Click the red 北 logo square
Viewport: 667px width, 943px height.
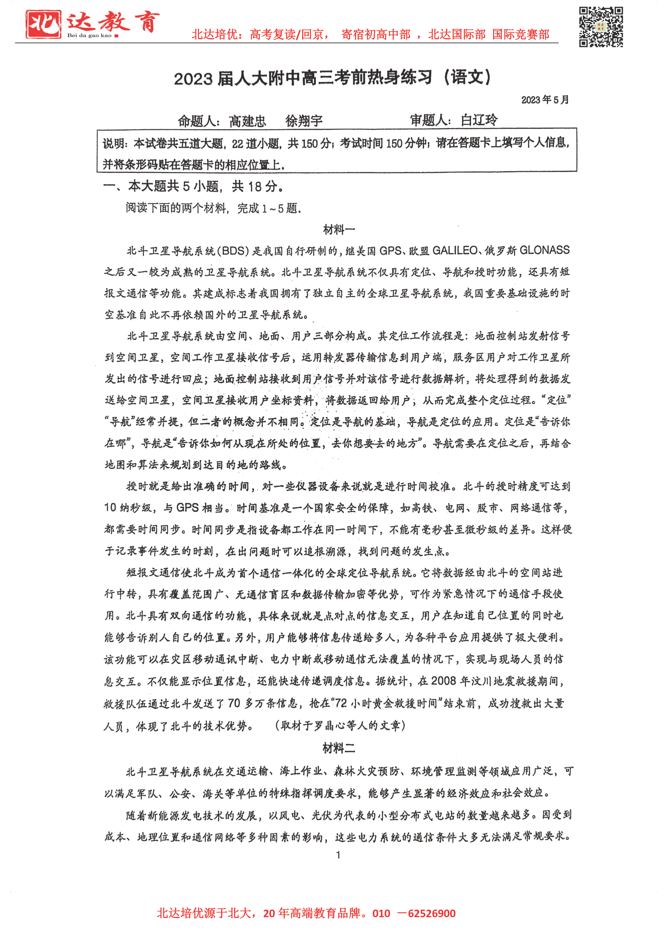pyautogui.click(x=43, y=24)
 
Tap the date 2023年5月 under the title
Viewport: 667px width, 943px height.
pyautogui.click(x=545, y=100)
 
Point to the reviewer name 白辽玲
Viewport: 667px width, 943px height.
pyautogui.click(x=479, y=120)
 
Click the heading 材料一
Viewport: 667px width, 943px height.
pyautogui.click(x=339, y=230)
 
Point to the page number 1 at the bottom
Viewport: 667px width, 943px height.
pyautogui.click(x=338, y=855)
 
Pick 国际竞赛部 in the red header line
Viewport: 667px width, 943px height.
pyautogui.click(x=521, y=34)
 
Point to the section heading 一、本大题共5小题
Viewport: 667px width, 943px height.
pyautogui.click(x=193, y=187)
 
